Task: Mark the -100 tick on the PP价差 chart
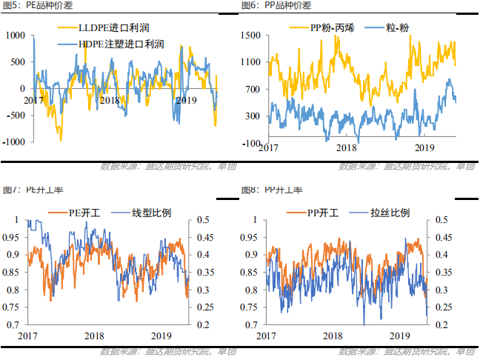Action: pos(253,143)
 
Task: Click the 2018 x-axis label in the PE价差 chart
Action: pos(109,100)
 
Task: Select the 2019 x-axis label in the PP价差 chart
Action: pos(423,147)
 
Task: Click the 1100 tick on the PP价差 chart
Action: pos(251,62)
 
